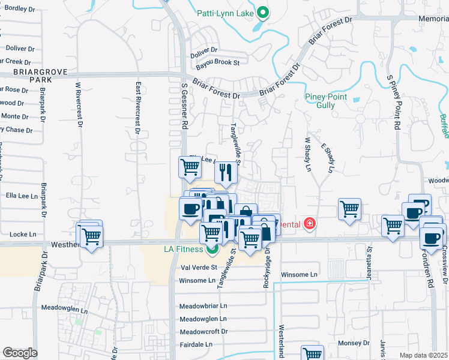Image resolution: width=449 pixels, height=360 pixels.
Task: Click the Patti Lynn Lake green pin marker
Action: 262,12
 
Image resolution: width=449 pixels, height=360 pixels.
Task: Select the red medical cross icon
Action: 309,224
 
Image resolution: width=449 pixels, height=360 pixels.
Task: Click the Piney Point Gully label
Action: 328,100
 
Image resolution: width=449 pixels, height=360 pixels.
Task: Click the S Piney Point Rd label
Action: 394,103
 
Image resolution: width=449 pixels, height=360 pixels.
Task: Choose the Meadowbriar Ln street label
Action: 203,306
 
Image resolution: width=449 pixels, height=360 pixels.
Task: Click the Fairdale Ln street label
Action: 196,344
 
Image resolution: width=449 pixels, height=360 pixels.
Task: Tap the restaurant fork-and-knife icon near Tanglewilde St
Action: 226,172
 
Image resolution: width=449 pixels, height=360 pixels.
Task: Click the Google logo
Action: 20,353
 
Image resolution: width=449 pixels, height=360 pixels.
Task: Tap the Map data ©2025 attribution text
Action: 423,355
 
